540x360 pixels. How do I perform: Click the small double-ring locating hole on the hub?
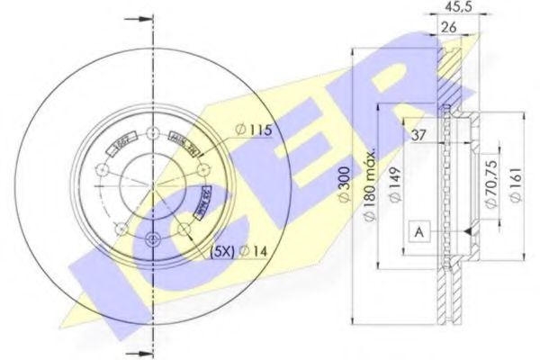tap(150, 238)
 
